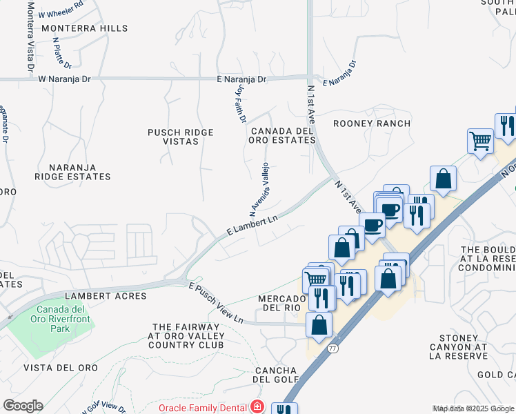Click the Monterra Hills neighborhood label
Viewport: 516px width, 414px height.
click(x=85, y=28)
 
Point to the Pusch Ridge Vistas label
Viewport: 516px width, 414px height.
click(x=181, y=137)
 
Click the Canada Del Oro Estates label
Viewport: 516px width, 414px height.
click(x=283, y=135)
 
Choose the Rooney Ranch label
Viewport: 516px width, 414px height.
click(x=372, y=124)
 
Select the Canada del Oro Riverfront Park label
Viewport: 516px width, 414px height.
click(x=62, y=319)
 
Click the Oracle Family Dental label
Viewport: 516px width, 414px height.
click(x=203, y=408)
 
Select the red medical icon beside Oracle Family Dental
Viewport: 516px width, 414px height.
click(x=257, y=407)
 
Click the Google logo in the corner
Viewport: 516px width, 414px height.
click(x=23, y=406)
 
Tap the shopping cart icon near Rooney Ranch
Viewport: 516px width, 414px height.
click(x=479, y=141)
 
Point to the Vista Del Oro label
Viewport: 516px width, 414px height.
click(x=54, y=368)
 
